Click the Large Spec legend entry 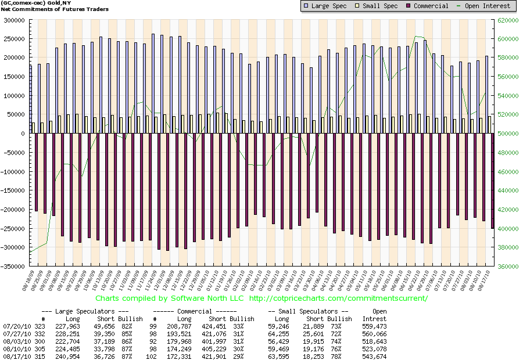327,6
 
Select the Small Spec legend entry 379,6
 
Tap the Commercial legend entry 428,6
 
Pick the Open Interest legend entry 485,6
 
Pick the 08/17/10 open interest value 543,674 374,356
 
